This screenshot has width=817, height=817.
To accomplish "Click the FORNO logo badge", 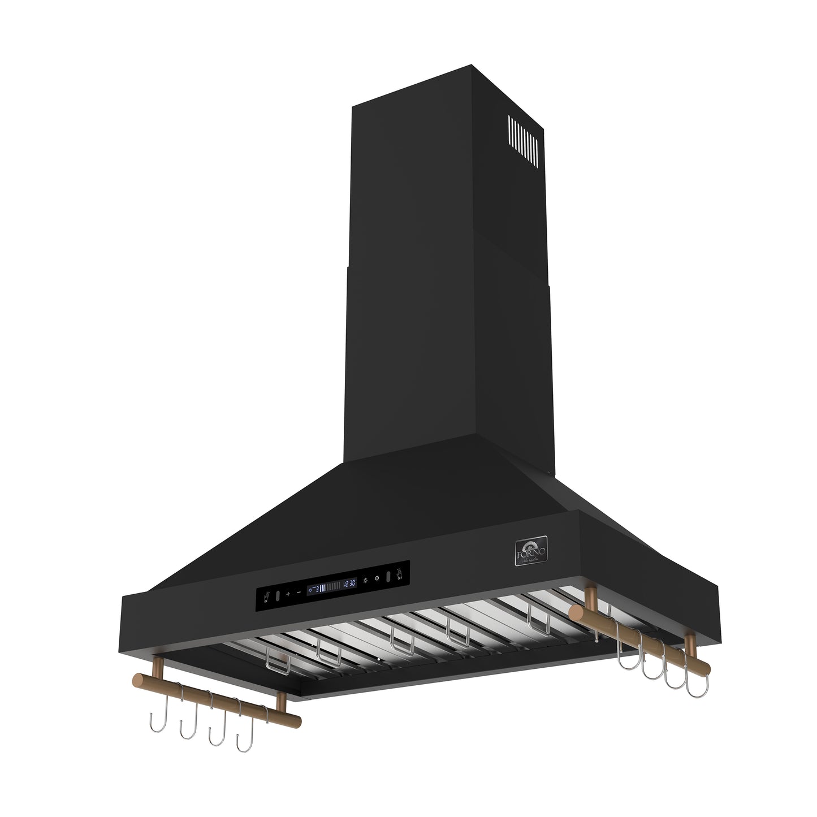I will click(x=530, y=550).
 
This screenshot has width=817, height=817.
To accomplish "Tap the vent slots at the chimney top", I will click(x=523, y=141).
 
